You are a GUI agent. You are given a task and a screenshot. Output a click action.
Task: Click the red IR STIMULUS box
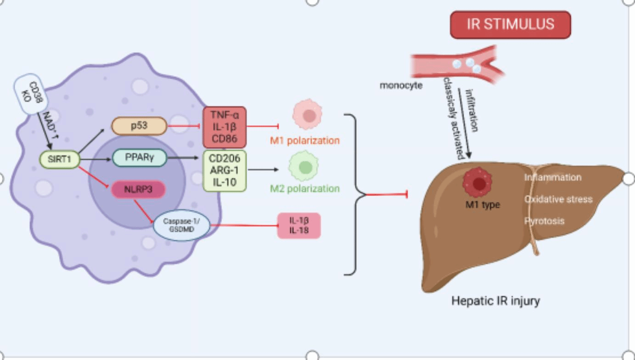click(x=510, y=25)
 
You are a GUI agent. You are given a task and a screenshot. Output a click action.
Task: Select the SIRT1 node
click(x=60, y=159)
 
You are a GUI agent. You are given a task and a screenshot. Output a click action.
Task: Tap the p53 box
click(x=139, y=125)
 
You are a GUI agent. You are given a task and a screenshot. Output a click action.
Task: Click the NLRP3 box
click(x=138, y=189)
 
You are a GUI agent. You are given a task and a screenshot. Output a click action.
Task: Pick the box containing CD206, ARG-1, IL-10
click(x=225, y=170)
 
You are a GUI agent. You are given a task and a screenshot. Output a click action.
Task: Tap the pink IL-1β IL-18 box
click(x=298, y=225)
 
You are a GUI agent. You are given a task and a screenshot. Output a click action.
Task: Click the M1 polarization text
click(x=304, y=141)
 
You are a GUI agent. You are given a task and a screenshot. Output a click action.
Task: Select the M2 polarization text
click(x=305, y=189)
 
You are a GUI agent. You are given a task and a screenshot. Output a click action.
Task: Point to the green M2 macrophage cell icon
click(x=303, y=167)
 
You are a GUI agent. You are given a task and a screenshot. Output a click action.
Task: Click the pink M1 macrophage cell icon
click(x=307, y=115)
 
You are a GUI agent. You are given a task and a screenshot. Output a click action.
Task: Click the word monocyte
click(x=401, y=85)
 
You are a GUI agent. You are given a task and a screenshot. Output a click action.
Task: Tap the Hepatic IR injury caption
click(x=495, y=302)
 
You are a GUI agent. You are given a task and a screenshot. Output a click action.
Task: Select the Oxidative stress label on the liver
click(x=558, y=199)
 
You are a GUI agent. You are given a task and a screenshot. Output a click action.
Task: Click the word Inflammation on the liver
click(x=553, y=177)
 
